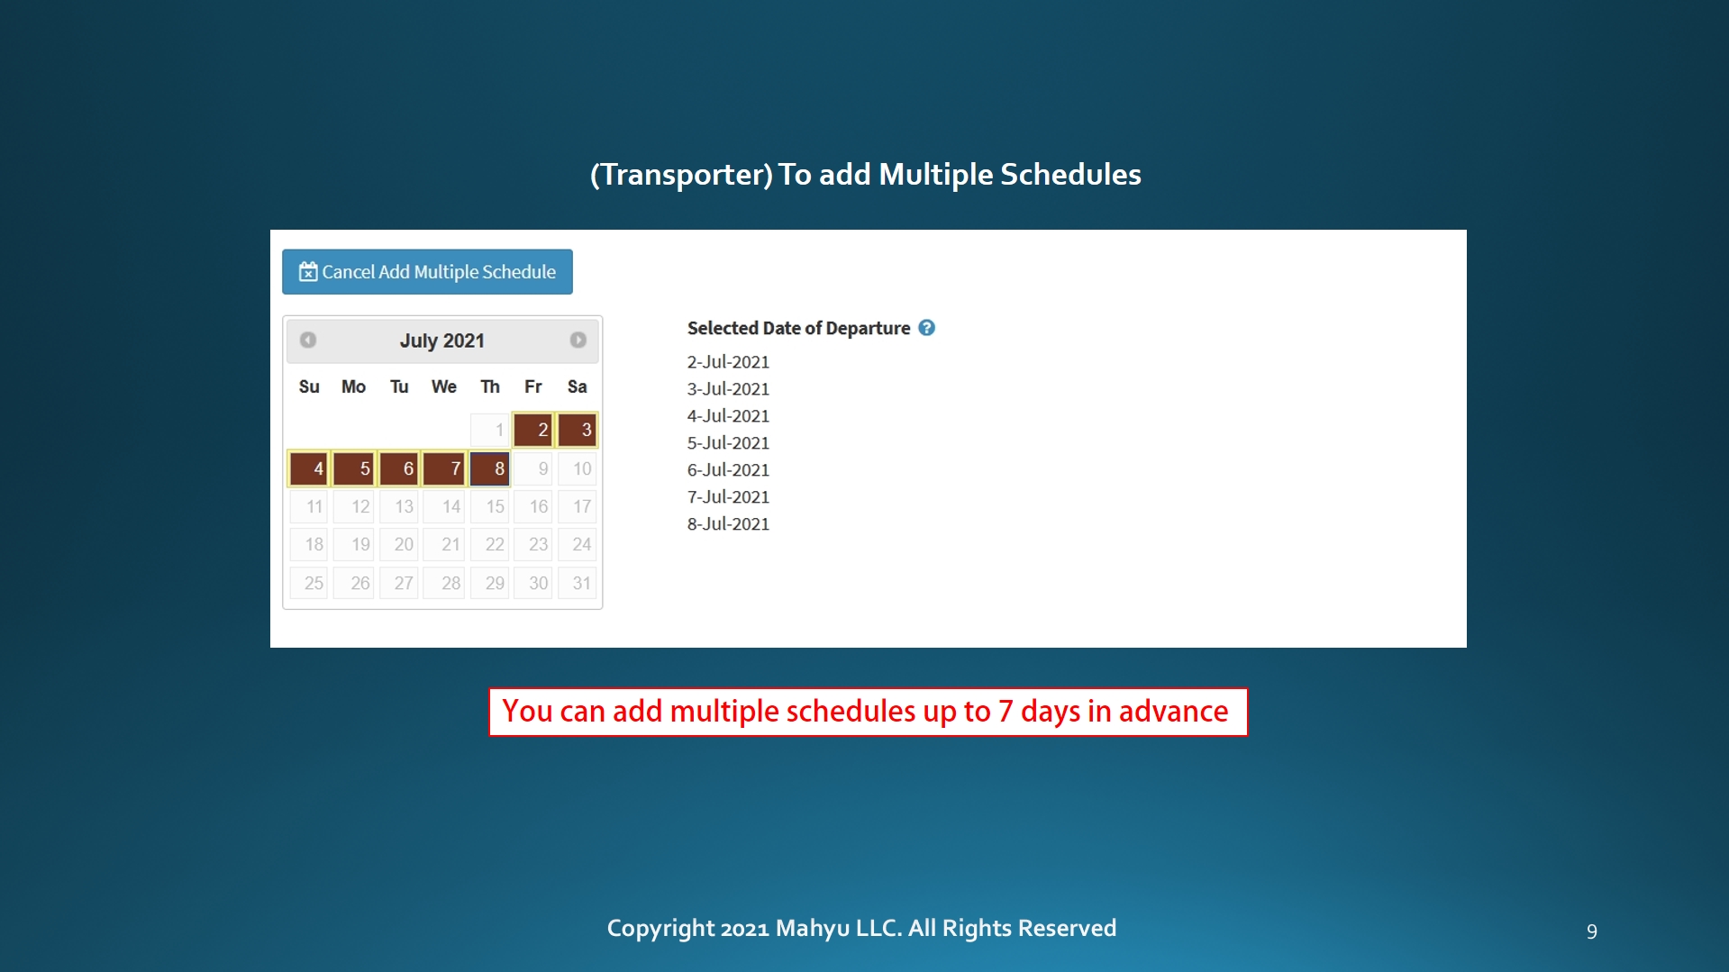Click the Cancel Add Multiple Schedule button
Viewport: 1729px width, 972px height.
click(x=427, y=271)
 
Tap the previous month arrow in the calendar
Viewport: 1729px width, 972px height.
click(x=308, y=340)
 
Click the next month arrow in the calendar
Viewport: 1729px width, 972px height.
click(x=578, y=340)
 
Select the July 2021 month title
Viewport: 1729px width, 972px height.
click(x=442, y=341)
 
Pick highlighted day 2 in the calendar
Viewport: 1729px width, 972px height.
click(x=533, y=430)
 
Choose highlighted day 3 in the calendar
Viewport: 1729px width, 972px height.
click(x=578, y=430)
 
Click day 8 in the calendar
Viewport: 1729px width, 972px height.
click(x=490, y=468)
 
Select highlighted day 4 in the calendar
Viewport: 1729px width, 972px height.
click(x=309, y=468)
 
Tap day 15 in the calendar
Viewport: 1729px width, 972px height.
click(x=490, y=506)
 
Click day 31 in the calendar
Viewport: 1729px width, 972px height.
click(x=578, y=583)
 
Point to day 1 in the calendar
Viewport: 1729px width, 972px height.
click(x=490, y=430)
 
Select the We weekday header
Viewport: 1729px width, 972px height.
click(x=444, y=386)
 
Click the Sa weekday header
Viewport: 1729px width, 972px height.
click(x=578, y=386)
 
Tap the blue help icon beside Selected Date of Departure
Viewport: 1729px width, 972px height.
click(x=927, y=328)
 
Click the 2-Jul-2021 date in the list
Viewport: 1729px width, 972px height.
click(x=728, y=362)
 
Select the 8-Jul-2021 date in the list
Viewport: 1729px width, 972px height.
click(x=728, y=524)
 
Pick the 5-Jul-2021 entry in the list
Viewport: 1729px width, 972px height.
click(x=728, y=443)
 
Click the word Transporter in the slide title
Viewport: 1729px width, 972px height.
click(x=687, y=175)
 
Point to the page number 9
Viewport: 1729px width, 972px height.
click(x=1592, y=931)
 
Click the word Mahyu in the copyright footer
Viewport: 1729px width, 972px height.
click(x=813, y=928)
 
